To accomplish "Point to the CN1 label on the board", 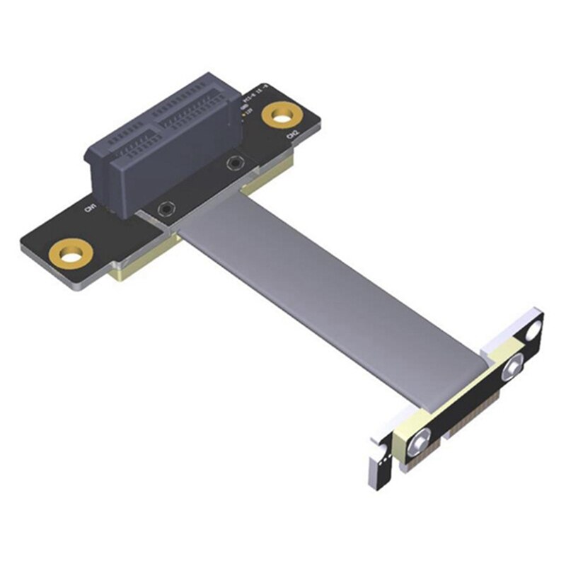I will (x=91, y=208).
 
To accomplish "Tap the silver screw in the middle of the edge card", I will (x=510, y=369).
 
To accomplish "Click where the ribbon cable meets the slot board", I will (x=212, y=212).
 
